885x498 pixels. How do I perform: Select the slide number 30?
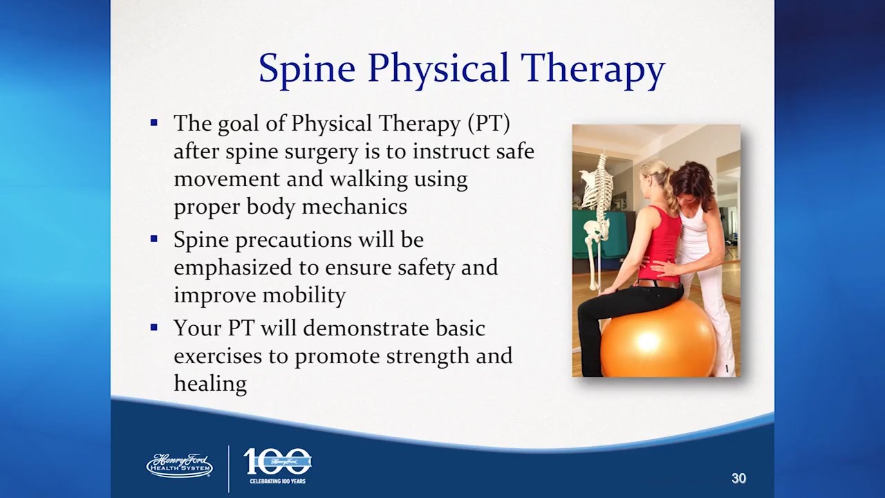click(x=738, y=478)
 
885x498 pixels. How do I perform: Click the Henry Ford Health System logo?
click(x=180, y=465)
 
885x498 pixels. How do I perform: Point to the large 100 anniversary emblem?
click(x=277, y=461)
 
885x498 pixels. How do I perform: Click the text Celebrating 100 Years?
click(x=278, y=481)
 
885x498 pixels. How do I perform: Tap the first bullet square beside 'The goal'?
click(x=154, y=122)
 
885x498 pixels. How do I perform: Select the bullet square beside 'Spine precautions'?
click(x=154, y=239)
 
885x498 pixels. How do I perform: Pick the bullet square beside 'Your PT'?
click(x=154, y=327)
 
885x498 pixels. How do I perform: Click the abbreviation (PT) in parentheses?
click(x=489, y=123)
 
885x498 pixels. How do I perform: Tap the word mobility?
click(x=304, y=295)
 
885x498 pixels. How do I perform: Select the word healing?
click(x=211, y=383)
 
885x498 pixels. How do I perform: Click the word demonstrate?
click(x=366, y=328)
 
